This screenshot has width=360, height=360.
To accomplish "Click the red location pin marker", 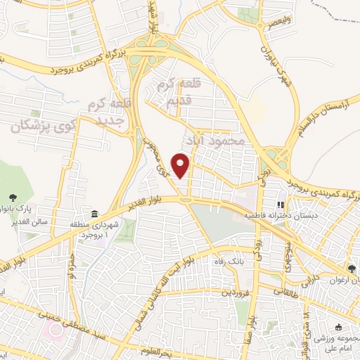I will click(181, 165).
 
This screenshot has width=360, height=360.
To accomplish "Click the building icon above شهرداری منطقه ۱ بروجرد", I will click(94, 214).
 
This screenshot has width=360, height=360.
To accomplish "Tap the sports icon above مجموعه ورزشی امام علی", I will click(339, 327).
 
